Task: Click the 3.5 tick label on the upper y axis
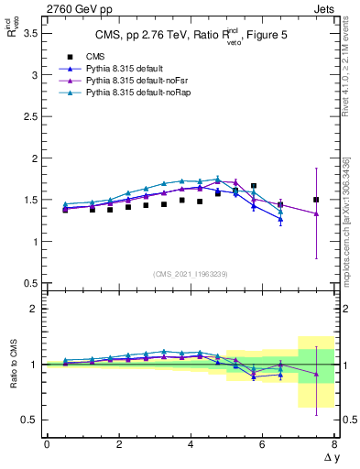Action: [30, 33]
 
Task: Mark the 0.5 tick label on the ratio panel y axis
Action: [30, 420]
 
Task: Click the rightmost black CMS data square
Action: [316, 200]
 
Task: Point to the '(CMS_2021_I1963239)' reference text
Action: [191, 274]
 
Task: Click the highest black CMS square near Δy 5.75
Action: [254, 186]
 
